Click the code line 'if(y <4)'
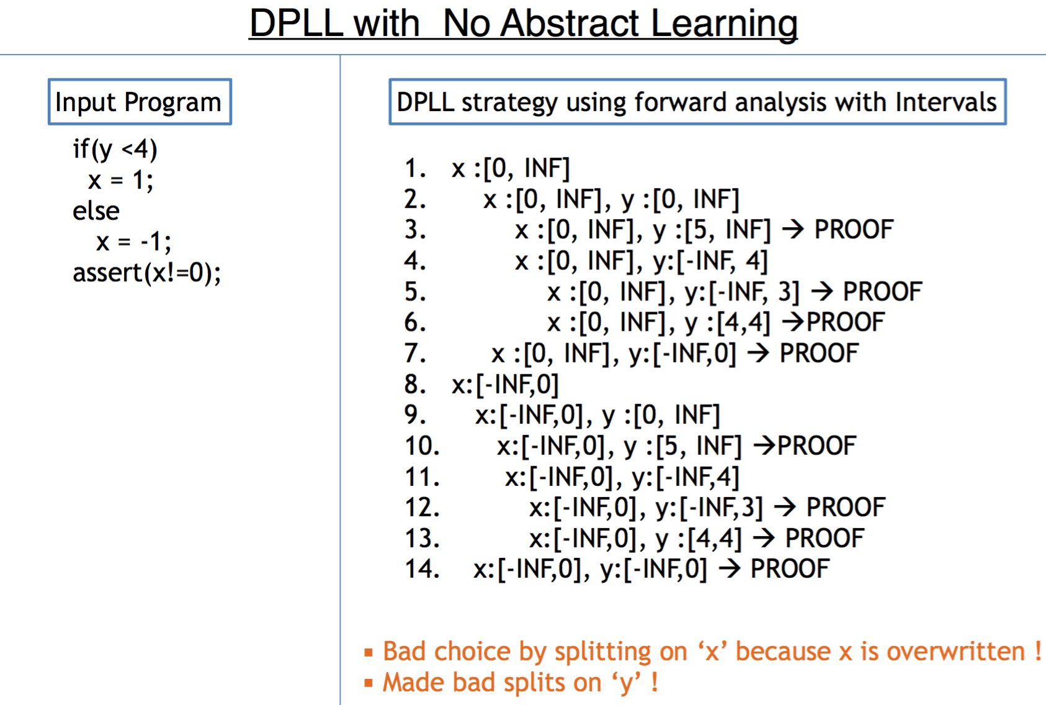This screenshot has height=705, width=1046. tap(115, 150)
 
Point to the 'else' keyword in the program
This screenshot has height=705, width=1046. tap(96, 211)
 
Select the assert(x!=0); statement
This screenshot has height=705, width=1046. tap(146, 273)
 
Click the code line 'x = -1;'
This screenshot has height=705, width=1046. tap(133, 242)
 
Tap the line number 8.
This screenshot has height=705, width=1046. tap(415, 384)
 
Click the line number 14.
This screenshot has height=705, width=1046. tap(422, 568)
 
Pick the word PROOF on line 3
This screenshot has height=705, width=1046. tap(854, 230)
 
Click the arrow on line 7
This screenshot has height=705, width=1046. tap(758, 352)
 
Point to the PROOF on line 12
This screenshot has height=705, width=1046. tap(846, 507)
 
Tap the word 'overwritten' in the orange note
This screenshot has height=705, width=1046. tap(955, 651)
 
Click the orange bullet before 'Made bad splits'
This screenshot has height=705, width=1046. tap(369, 683)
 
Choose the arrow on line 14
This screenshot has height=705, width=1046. tap(730, 568)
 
